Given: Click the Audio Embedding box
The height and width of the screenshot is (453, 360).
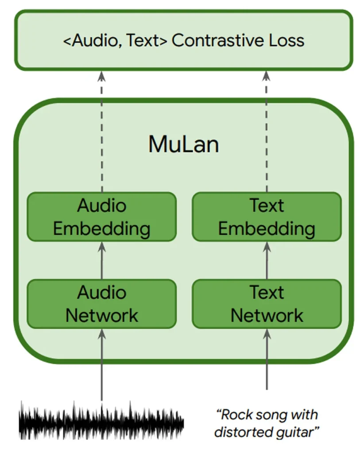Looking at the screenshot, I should click(102, 217).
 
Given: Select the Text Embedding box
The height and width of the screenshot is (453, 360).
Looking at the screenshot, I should click(267, 217).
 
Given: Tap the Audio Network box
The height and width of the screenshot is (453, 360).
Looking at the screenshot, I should click(102, 304).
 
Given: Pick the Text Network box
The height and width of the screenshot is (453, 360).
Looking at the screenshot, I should click(267, 304).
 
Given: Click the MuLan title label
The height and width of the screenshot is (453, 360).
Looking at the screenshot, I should click(183, 144).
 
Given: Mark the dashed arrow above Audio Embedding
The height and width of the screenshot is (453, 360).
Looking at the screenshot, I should click(102, 133).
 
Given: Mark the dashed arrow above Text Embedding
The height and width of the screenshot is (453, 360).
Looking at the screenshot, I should click(267, 133).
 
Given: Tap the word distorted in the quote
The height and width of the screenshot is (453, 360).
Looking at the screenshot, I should click(241, 431).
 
